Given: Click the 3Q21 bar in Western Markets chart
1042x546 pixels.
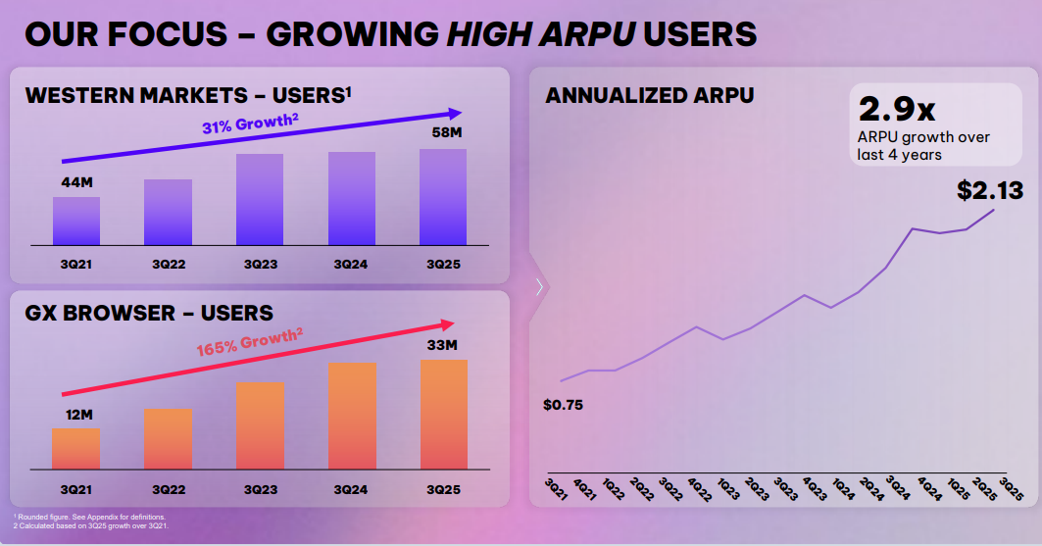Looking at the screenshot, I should pos(76,221).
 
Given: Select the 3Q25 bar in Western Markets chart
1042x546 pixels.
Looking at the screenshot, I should pos(443,196).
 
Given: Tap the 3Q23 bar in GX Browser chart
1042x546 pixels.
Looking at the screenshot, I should pos(260,425).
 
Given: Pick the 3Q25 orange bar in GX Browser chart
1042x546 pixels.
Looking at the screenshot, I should pos(443,415).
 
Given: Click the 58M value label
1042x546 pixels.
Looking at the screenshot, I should pos(444,132).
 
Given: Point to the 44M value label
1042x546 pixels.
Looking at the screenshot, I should pos(75,182).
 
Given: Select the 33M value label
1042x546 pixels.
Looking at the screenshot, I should pos(443,345).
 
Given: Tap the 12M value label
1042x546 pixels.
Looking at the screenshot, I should pos(75,415).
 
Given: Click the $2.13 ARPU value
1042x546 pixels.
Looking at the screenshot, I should pos(989,190).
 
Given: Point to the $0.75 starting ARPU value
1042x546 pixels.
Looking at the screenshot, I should pos(563,404).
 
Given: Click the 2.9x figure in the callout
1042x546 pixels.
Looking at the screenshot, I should pos(896,108).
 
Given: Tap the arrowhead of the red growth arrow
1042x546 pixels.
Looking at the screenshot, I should pos(450,324).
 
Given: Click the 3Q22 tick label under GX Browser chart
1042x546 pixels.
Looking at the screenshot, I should pos(169,489).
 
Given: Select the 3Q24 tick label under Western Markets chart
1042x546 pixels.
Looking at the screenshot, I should pos(351,265).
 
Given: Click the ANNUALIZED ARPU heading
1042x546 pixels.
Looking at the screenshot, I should pos(650,95).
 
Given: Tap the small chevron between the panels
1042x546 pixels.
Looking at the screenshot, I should pos(539,286).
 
